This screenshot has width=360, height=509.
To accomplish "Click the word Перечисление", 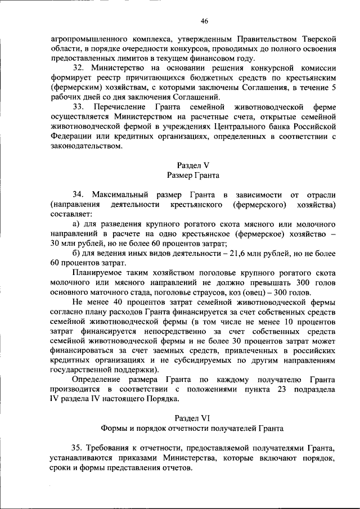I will point(122,107).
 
